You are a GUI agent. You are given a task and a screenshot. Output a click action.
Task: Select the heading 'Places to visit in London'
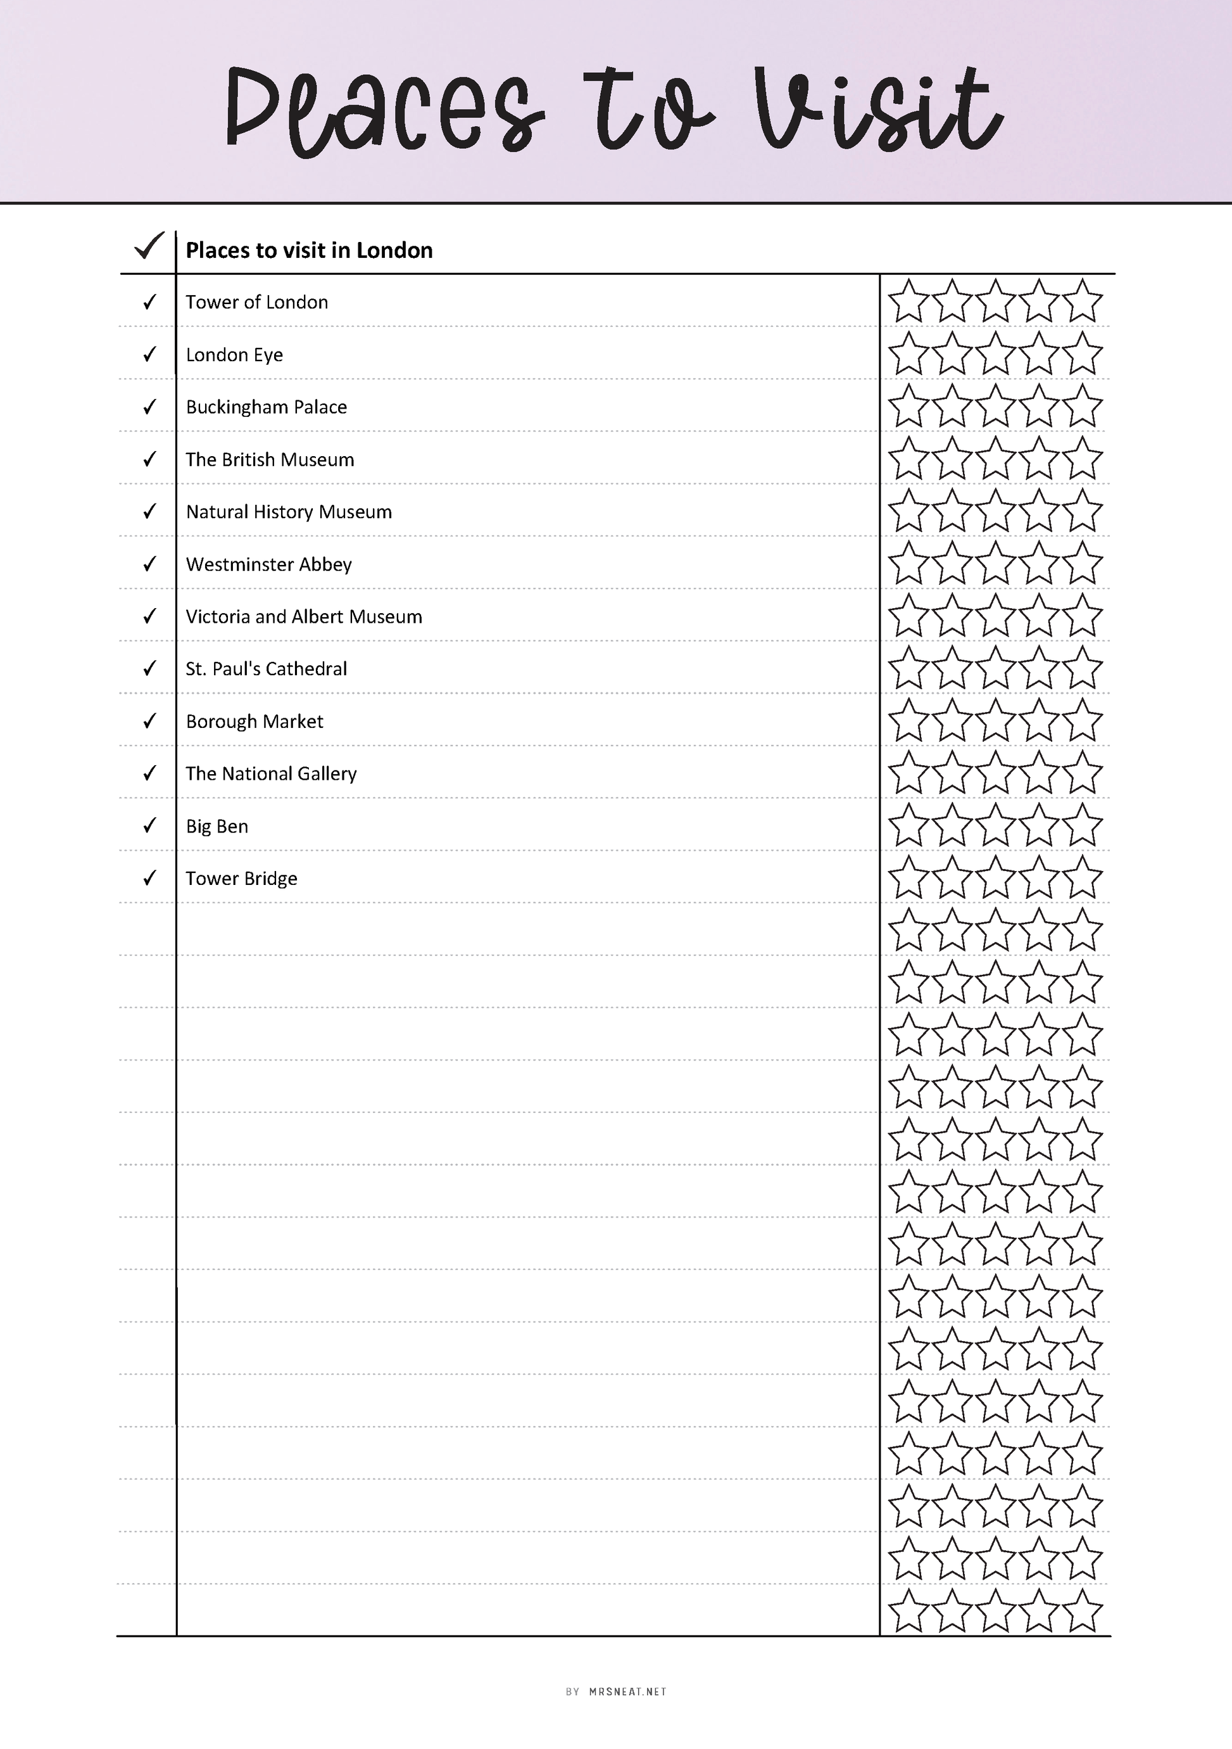(309, 251)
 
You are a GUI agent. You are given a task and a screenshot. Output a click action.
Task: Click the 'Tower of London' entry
(256, 302)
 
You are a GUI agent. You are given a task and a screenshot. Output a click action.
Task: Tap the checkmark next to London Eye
(149, 354)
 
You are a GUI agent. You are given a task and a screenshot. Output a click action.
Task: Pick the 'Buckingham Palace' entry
(267, 407)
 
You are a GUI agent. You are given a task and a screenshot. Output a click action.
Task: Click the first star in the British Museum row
(908, 459)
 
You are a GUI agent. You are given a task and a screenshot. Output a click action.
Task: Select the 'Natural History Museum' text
(289, 512)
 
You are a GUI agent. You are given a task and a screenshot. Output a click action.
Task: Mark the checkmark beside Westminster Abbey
(149, 564)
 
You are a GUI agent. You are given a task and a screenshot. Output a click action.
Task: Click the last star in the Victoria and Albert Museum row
(1082, 616)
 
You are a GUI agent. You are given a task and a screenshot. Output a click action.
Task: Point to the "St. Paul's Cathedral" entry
(267, 669)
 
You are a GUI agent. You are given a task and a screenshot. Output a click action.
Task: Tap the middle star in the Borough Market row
(995, 722)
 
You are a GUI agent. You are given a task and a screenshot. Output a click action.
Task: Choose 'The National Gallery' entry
(271, 774)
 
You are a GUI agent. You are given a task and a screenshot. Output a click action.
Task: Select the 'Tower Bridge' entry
(241, 879)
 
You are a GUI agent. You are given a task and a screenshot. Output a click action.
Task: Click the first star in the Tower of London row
(908, 302)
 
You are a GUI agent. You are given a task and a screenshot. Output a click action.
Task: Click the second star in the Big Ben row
(952, 826)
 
